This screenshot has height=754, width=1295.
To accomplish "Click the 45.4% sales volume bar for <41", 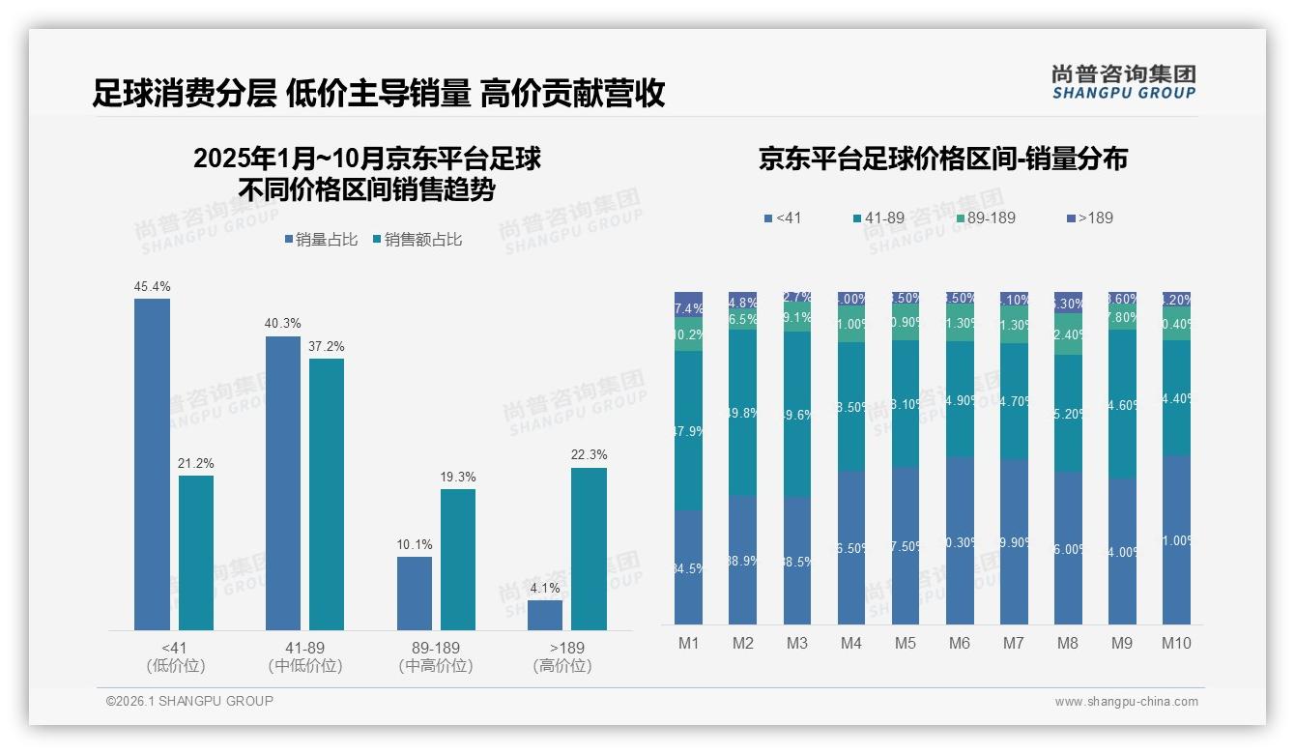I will (x=152, y=464).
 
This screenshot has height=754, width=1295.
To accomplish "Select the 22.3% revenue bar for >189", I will (x=589, y=549).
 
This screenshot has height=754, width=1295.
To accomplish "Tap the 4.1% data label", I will (x=545, y=588).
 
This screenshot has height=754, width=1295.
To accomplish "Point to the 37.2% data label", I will (x=327, y=346).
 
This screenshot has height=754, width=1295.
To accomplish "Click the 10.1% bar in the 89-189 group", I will (x=414, y=594).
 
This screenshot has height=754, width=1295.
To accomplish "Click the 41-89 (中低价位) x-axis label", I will (x=305, y=656).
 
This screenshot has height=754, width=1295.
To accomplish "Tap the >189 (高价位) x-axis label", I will (x=562, y=656).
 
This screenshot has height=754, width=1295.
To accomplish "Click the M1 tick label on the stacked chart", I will (x=688, y=643).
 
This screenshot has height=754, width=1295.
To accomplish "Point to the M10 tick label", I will (x=1176, y=643).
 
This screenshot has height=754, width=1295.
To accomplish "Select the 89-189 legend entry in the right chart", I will (x=986, y=217).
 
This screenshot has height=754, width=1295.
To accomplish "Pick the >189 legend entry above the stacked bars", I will (x=1089, y=217).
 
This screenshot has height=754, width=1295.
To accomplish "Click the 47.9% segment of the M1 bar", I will (x=688, y=430).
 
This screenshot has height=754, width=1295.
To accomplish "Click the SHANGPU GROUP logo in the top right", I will (x=1123, y=81).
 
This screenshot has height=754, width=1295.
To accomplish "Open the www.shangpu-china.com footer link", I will (x=1126, y=702).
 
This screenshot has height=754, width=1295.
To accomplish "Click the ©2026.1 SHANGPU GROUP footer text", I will (x=189, y=701).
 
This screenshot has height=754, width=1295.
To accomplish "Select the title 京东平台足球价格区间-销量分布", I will (x=942, y=159).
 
